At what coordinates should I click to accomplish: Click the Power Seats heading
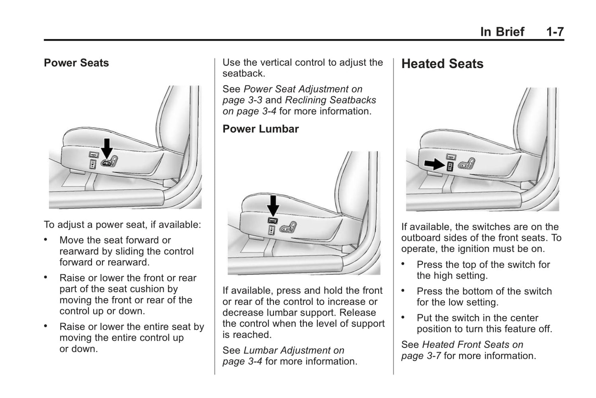(76, 63)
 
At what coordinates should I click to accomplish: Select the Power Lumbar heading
(260, 129)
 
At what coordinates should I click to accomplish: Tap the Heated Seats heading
(442, 64)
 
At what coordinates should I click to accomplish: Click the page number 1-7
(555, 32)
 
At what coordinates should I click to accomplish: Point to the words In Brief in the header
(502, 32)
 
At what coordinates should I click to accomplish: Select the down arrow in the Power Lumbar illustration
(273, 205)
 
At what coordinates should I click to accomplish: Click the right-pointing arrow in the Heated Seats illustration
(434, 165)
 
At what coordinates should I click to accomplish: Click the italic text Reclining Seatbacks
(330, 100)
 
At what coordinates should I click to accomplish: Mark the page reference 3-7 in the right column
(432, 356)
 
